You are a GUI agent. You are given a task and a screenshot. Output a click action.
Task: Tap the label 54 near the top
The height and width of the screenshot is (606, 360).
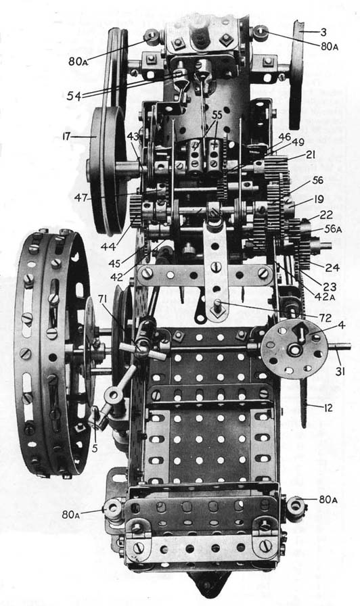74,96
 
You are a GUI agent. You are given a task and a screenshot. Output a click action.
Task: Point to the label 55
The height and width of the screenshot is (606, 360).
217,115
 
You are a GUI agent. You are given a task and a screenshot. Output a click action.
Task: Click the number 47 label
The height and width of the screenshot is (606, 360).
81,197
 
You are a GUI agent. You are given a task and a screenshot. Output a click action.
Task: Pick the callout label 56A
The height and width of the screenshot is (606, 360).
334,229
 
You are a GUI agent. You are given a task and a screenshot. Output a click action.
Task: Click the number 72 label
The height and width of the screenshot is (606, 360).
325,318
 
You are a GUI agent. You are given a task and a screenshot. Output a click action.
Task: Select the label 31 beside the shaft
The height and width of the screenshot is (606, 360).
340,372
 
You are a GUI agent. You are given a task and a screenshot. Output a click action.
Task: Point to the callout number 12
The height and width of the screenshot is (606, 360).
328,407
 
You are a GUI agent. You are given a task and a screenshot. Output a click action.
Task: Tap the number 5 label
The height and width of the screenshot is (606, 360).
95,449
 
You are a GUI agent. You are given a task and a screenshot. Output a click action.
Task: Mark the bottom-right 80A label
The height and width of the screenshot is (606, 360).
328,500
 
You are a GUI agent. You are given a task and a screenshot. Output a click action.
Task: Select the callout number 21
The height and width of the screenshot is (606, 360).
310,155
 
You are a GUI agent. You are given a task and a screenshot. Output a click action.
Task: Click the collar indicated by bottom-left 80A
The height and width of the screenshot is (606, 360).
113,507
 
